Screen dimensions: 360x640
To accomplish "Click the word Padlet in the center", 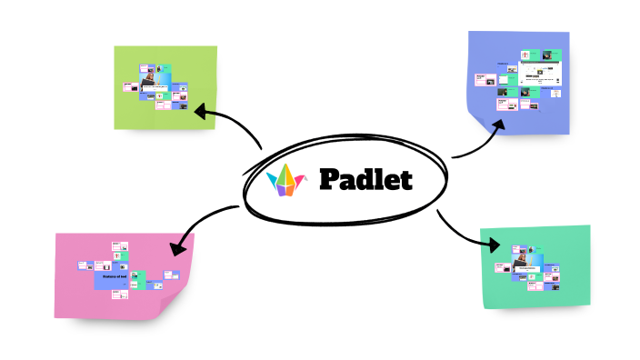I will (x=365, y=179).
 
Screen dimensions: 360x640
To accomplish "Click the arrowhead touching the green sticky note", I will (x=201, y=112).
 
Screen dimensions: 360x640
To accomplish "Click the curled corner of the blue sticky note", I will (x=479, y=121).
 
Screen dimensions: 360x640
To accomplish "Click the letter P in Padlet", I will (x=330, y=179).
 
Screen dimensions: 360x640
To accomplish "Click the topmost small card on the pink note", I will (x=116, y=245).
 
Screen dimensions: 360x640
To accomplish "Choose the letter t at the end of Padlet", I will (x=405, y=180).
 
